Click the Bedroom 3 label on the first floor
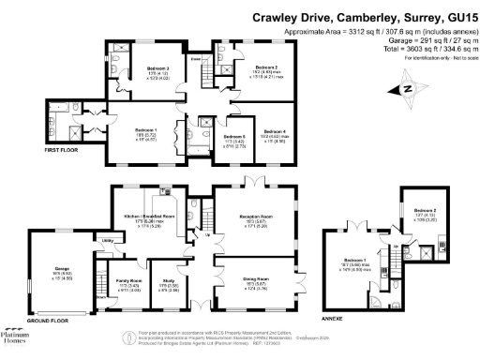tap(158, 68)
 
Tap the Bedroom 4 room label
tap(273, 131)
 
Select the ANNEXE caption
tap(335, 320)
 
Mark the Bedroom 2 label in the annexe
tap(426, 211)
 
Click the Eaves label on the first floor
tap(197, 59)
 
